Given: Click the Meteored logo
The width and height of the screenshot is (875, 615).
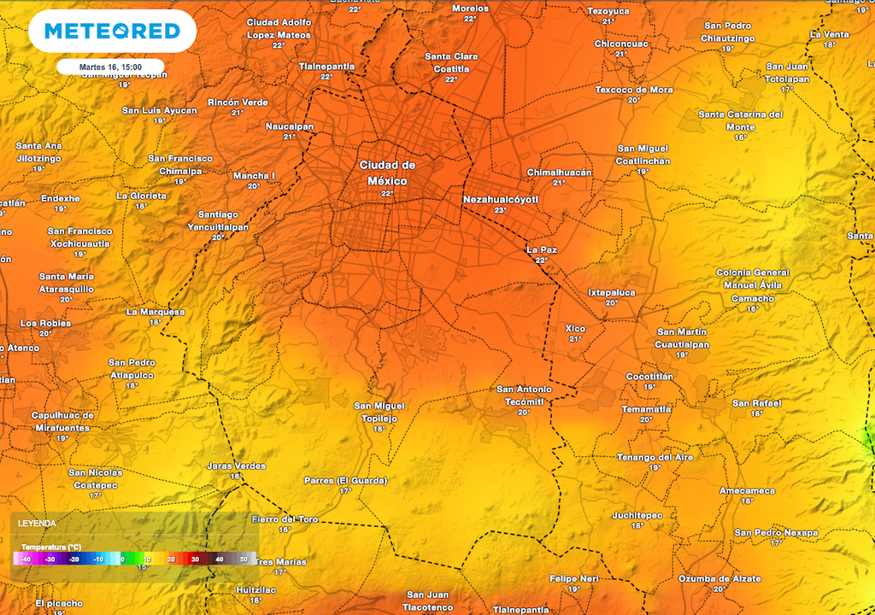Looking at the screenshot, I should pos(112,32).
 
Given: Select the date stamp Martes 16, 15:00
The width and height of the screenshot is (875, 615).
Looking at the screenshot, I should pos(111,66).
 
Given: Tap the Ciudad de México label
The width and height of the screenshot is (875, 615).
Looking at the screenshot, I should pos(387,173).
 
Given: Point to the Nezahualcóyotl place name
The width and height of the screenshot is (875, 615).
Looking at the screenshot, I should pos(501,199).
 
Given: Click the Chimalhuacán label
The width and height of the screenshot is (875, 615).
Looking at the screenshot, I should pos(559,172).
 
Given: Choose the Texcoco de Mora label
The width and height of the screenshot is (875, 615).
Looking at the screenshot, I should pos(634,90).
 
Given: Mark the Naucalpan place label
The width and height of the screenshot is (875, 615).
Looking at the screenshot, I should pos(290,126).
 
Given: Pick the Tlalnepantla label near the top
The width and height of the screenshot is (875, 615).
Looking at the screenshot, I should pos(326,66).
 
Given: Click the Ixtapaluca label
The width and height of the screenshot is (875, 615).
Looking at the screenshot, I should pos(612,292).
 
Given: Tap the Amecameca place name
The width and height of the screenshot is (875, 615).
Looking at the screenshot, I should pos(747,490).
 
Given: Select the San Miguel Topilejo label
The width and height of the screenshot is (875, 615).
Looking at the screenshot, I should pos(379,412).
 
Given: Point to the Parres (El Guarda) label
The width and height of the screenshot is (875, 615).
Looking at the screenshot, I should pos(345,480).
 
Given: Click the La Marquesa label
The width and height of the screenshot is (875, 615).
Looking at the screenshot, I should pos(156,312).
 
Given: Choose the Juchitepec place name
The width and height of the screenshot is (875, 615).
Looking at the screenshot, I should pos(637,515).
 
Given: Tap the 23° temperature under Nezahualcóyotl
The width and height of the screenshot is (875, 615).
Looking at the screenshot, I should pos(501,210).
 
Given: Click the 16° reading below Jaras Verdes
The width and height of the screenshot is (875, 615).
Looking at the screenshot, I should pos(236,476).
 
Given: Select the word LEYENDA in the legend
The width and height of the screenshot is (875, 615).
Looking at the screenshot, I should pos(38,523).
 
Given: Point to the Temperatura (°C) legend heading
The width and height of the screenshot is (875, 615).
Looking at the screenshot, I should pos(51,546).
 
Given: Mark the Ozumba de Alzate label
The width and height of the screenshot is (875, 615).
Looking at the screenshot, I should pos(719,578).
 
